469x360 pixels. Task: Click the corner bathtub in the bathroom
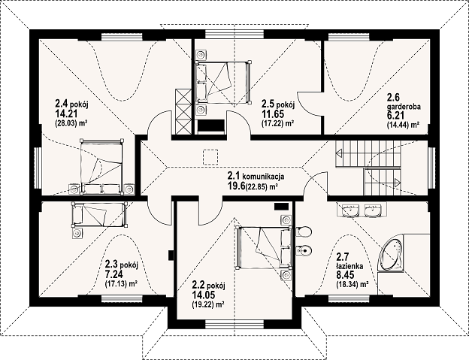(x=391, y=253)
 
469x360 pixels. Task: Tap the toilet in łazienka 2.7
(x=304, y=231)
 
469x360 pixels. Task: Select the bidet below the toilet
(x=304, y=250)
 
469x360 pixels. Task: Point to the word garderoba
(x=404, y=107)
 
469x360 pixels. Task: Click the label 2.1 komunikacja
(x=256, y=177)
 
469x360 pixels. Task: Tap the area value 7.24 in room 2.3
(x=114, y=274)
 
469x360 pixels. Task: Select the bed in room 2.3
(x=99, y=215)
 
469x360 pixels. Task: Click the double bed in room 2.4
(x=101, y=166)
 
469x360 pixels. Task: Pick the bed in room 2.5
(x=222, y=82)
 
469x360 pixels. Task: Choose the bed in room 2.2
(x=264, y=248)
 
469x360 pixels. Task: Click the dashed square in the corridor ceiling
(x=211, y=157)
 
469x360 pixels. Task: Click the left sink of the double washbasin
(x=351, y=210)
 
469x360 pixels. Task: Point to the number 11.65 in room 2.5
(x=273, y=114)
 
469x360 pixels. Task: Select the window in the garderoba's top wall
(x=349, y=37)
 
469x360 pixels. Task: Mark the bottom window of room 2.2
(x=234, y=325)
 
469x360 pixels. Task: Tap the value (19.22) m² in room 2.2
(x=208, y=304)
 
